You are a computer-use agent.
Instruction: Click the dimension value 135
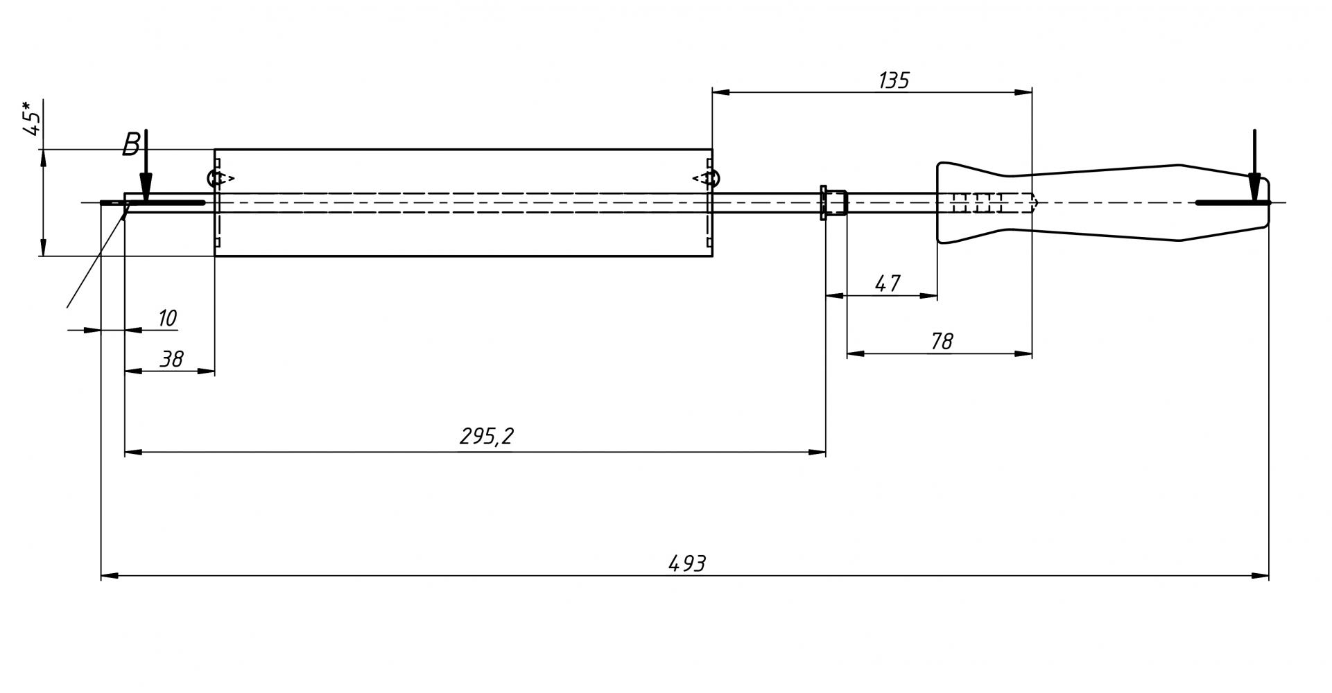(x=893, y=81)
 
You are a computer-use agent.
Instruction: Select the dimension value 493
(x=686, y=563)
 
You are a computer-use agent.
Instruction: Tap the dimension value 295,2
(x=486, y=437)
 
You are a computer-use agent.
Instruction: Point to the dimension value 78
(x=941, y=341)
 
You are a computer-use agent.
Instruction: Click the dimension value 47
(x=887, y=283)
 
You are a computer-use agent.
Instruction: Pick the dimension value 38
(x=171, y=359)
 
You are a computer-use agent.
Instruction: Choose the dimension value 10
(x=167, y=318)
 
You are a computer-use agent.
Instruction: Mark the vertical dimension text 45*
(x=32, y=119)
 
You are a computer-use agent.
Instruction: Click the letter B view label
(x=130, y=145)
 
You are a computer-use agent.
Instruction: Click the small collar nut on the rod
(x=833, y=202)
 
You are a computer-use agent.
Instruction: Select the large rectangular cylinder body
(x=463, y=229)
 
